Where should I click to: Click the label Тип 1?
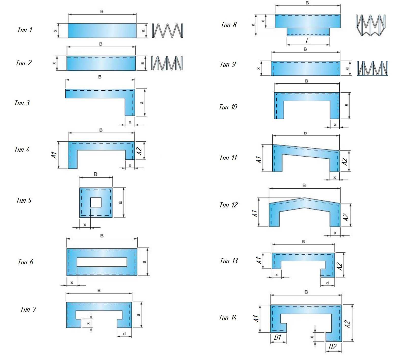[x=25, y=30]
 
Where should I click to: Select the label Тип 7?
[x=28, y=309]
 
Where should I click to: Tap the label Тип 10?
[x=228, y=107]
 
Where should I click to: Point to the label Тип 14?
[x=228, y=318]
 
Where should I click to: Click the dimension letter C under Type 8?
[x=307, y=41]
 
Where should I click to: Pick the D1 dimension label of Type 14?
[x=278, y=337]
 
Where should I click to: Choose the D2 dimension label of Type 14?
[x=333, y=347]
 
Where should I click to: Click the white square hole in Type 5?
[x=96, y=202]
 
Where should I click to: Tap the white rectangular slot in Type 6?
[x=102, y=262]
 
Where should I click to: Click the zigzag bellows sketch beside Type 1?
[x=168, y=31]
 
